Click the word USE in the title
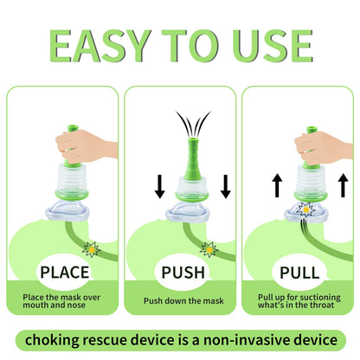coord(273,46)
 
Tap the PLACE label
coord(65,273)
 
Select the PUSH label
coord(183,273)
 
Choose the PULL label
coord(299,273)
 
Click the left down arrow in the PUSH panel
coord(160,186)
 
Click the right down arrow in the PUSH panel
coord(226,186)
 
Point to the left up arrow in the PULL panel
coord(277,185)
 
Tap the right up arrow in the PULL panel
coord(343,185)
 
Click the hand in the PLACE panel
coord(85,146)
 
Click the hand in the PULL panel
coord(323,148)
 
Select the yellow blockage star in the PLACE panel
coord(92,250)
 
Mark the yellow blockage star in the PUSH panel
coord(209,250)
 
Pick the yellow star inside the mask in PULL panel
coord(305,209)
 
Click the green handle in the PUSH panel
coord(193,159)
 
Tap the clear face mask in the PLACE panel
coord(67,211)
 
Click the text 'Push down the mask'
coord(183,301)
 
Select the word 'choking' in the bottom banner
coord(52,340)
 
